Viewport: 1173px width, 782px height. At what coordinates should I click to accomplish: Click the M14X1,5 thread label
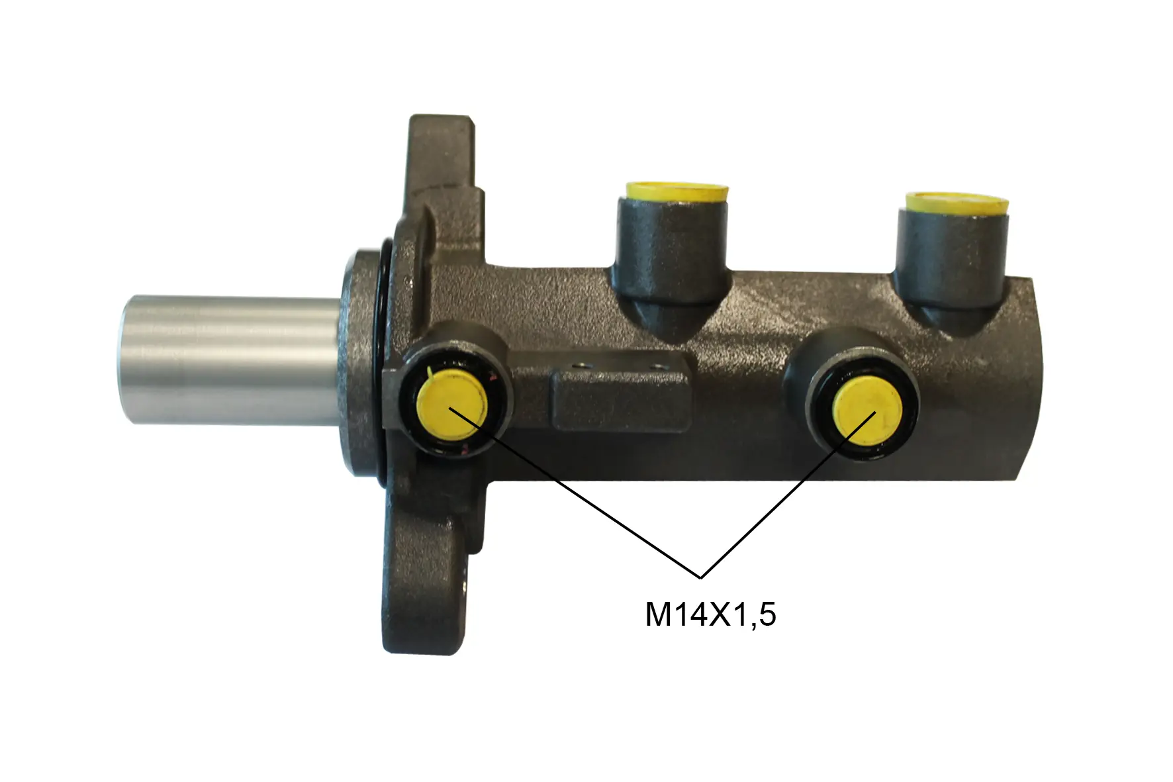(710, 615)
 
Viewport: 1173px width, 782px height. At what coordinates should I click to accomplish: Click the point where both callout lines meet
(700, 577)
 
